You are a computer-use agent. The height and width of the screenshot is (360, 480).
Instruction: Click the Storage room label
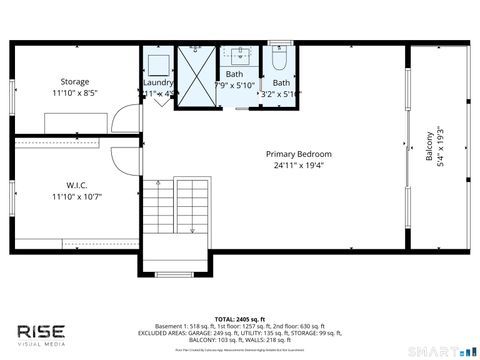pos(75,82)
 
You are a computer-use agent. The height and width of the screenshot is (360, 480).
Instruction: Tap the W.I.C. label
pos(76,184)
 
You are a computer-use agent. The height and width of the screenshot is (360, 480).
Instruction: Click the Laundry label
pos(160,83)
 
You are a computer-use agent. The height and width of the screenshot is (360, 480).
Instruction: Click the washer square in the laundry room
pos(158,64)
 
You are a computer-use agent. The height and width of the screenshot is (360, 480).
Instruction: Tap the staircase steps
pos(178,212)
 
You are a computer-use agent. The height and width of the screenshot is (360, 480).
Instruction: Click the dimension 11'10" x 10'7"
pos(76,196)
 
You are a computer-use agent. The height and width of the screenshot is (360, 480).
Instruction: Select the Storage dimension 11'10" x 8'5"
pos(75,94)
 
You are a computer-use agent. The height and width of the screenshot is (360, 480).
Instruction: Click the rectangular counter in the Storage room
pos(74,121)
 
